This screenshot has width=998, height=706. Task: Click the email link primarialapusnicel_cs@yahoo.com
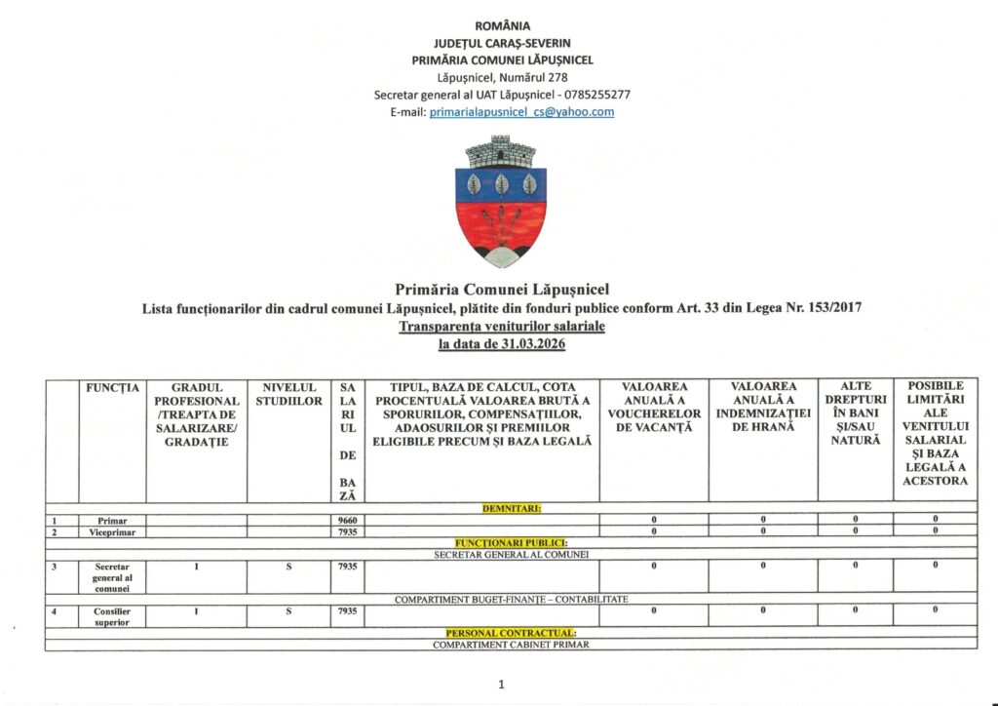pyautogui.click(x=521, y=112)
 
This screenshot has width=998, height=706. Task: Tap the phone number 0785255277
pyautogui.click(x=596, y=95)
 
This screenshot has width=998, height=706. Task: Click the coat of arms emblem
pyautogui.click(x=501, y=202)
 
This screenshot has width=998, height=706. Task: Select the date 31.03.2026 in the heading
pyautogui.click(x=531, y=344)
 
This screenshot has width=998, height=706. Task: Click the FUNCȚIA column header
pyautogui.click(x=111, y=388)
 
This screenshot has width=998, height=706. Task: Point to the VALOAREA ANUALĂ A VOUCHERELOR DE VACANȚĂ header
pyautogui.click(x=653, y=408)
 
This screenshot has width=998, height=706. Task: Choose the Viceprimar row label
pyautogui.click(x=111, y=532)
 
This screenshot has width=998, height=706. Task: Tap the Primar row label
pyautogui.click(x=111, y=521)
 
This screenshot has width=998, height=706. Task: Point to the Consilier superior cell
pyautogui.click(x=111, y=616)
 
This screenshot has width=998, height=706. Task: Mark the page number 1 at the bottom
pyautogui.click(x=501, y=685)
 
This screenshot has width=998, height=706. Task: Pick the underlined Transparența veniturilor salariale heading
pyautogui.click(x=501, y=327)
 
